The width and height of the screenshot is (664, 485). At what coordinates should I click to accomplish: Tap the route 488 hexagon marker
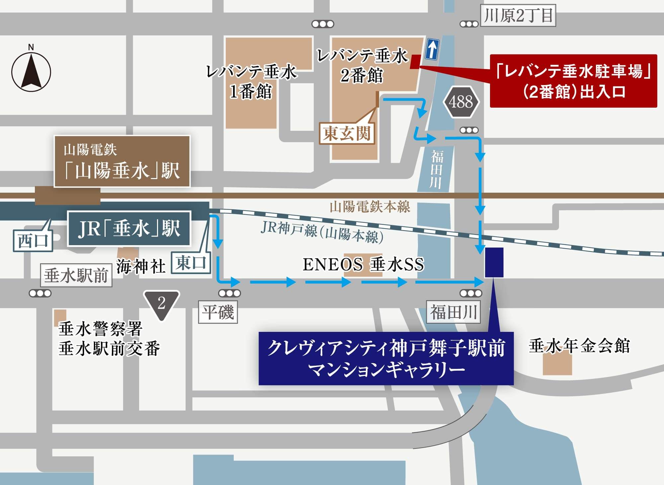[461, 102]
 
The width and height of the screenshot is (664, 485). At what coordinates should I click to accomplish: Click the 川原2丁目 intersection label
[518, 16]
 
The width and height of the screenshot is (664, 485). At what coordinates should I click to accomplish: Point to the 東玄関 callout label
[347, 134]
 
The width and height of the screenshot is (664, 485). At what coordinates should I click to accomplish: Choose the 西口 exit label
[33, 240]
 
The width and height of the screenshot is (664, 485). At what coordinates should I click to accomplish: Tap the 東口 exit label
[191, 263]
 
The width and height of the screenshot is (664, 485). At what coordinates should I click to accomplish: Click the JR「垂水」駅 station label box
[129, 229]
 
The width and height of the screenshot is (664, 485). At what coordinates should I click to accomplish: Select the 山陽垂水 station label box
[122, 161]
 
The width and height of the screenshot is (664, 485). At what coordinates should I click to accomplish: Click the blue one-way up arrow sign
[432, 49]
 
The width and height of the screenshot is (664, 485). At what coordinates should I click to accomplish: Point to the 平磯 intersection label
[218, 312]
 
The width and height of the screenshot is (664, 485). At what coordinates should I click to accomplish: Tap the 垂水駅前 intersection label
[76, 275]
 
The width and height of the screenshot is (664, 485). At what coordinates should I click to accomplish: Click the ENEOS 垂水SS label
[364, 265]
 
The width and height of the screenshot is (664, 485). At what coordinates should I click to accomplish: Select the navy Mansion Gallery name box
[386, 358]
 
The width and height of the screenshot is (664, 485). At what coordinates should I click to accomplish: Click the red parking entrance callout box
[573, 81]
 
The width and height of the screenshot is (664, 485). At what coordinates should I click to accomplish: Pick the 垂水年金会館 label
[579, 346]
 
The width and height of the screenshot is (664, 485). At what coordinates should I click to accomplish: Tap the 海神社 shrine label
[141, 267]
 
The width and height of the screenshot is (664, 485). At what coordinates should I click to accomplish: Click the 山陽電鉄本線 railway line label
[370, 207]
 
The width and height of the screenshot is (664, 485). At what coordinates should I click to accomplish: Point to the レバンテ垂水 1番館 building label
[251, 82]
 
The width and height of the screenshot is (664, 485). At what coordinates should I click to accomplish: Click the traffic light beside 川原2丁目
[469, 24]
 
